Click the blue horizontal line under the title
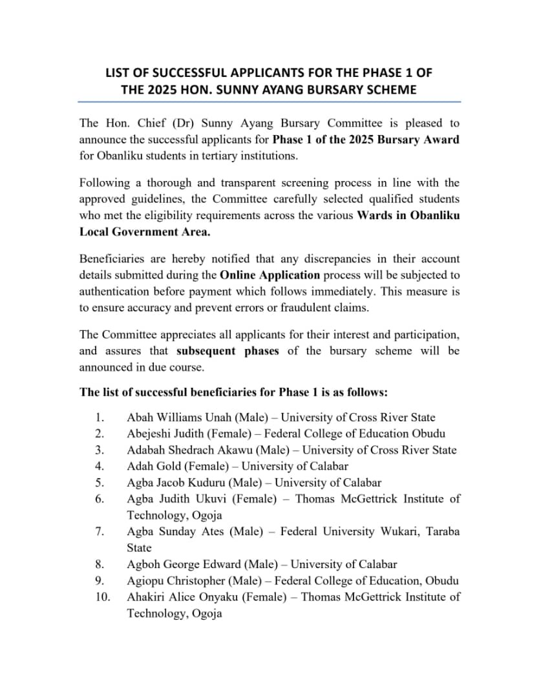269,101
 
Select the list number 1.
99,418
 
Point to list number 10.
102,597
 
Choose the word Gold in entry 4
164,466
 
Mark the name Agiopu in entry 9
145,580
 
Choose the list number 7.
99,531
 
